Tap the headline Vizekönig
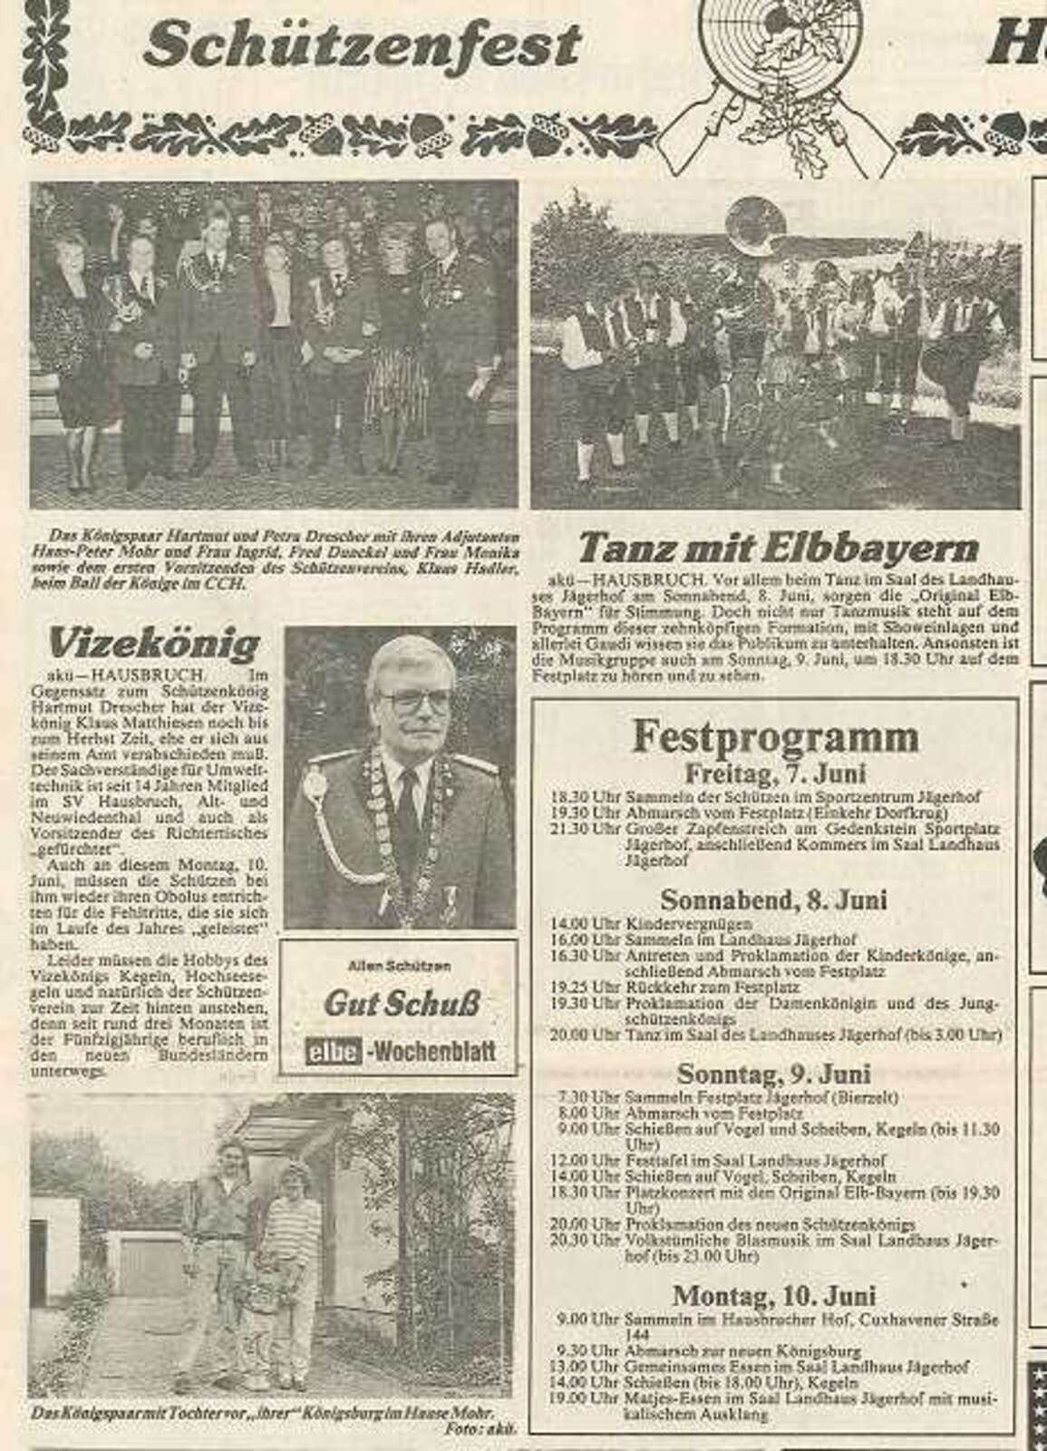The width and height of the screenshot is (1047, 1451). [x=154, y=645]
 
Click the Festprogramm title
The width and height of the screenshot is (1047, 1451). [x=775, y=736]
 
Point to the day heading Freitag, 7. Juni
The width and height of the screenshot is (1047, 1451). [x=775, y=774]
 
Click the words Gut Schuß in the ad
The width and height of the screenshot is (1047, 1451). [x=402, y=1003]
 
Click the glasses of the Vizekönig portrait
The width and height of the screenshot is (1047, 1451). [x=414, y=701]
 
